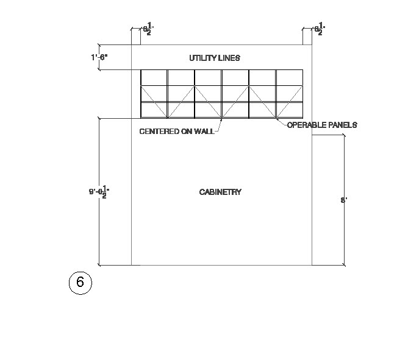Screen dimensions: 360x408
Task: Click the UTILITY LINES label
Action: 215,58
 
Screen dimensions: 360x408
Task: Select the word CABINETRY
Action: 220,192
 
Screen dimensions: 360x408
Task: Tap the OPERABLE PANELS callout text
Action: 321,125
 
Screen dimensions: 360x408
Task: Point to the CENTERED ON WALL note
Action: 177,131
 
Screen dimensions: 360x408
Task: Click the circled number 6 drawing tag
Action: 80,283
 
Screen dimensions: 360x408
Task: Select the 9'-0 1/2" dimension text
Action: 99,192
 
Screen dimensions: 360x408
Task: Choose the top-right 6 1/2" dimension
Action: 319,29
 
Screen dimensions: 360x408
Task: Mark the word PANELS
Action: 342,125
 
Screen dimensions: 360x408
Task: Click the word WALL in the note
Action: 204,131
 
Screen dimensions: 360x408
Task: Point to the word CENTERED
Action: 159,131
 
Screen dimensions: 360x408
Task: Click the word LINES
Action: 231,58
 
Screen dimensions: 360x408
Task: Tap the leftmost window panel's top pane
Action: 154,77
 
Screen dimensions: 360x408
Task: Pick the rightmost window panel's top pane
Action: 289,77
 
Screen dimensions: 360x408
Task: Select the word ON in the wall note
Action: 187,131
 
